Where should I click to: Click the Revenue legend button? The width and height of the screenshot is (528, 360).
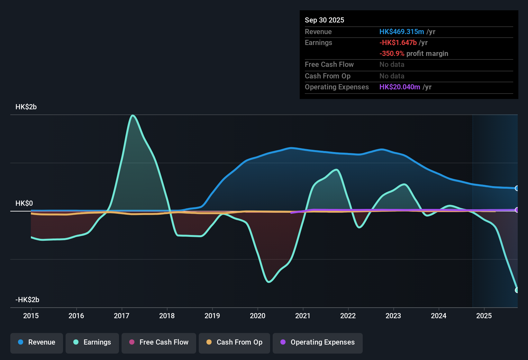click(x=37, y=343)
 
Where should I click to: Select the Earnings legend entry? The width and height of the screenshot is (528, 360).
click(x=92, y=343)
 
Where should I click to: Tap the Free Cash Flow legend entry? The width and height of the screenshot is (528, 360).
click(x=159, y=343)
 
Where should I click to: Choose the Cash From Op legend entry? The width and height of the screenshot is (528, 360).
click(x=234, y=343)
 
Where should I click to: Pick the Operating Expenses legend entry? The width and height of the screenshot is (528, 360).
click(x=318, y=343)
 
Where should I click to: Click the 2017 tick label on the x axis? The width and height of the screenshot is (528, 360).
click(x=122, y=316)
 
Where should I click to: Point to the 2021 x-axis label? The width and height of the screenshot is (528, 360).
click(x=303, y=316)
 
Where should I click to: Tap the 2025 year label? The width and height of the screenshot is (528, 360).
click(x=484, y=316)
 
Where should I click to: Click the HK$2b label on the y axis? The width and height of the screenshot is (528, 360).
click(x=26, y=107)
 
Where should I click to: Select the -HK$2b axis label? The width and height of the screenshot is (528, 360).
click(x=27, y=300)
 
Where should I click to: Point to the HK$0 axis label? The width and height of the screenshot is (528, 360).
click(x=24, y=203)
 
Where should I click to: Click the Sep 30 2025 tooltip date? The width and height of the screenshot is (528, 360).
click(x=324, y=20)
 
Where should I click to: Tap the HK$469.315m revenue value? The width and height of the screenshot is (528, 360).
click(x=401, y=32)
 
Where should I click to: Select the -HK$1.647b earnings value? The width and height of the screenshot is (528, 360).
click(x=398, y=43)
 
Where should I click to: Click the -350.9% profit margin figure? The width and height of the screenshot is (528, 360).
click(x=392, y=54)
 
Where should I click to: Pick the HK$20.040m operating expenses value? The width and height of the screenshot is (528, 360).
click(x=399, y=87)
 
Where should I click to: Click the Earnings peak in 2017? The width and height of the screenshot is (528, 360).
click(x=132, y=115)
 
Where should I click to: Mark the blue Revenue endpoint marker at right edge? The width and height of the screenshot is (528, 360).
click(x=517, y=188)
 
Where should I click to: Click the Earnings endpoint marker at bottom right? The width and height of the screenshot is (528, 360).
click(x=517, y=290)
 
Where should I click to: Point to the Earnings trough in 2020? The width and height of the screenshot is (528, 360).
click(x=269, y=282)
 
